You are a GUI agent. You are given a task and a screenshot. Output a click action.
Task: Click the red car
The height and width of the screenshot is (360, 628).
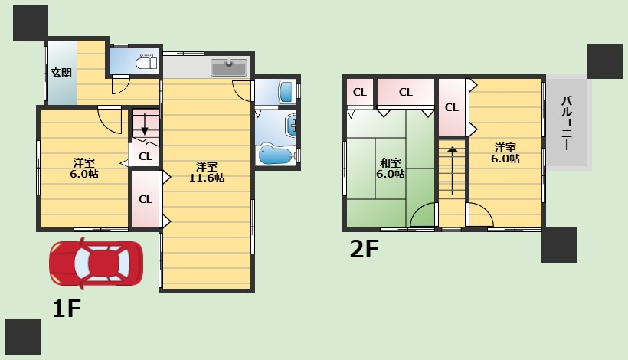click(96, 263)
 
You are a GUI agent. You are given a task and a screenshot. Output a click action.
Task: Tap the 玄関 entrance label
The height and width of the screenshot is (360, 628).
click(61, 73)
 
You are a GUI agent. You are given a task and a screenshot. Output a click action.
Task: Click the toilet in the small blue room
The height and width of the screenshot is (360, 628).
click(146, 62)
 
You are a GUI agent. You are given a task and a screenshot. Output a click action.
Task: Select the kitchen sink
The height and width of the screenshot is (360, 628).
click(229, 67)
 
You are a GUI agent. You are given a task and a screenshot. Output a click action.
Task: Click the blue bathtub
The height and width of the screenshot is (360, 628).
click(275, 154)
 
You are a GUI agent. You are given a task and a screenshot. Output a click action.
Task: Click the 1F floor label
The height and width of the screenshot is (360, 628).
click(67, 309)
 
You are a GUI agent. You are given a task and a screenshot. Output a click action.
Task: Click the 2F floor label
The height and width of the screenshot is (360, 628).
click(364, 249)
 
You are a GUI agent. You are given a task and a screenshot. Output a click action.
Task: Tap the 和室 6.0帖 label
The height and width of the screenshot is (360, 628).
click(390, 169)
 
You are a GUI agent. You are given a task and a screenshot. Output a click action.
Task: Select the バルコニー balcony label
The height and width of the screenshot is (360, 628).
click(567, 123)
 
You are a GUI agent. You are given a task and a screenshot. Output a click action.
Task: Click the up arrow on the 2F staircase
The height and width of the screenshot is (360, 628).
click(452, 170)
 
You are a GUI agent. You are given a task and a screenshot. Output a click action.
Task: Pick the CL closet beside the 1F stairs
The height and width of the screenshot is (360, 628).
click(146, 156)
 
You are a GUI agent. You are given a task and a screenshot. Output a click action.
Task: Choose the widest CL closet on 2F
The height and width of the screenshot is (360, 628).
click(406, 92)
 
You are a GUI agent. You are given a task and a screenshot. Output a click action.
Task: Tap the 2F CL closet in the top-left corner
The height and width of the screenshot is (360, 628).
click(360, 92)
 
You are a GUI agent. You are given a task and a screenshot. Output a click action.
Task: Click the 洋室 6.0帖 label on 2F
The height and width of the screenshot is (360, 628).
click(505, 153)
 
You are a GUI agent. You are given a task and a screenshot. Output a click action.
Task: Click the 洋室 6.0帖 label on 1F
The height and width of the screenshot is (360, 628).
click(84, 169)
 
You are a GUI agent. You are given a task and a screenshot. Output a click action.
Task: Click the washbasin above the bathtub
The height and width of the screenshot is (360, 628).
click(291, 125)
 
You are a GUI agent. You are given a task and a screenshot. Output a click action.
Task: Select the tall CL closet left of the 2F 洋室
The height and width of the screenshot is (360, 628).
click(452, 107)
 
